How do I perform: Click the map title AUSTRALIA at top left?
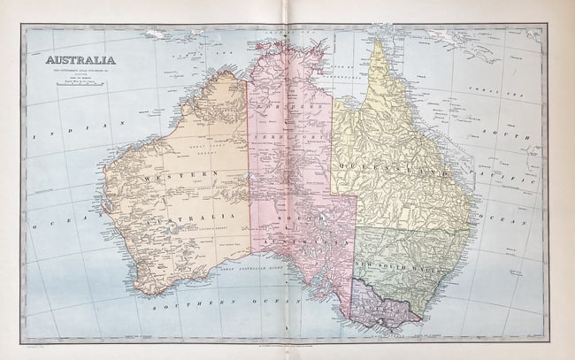75,60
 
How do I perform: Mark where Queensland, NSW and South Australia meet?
356,226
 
